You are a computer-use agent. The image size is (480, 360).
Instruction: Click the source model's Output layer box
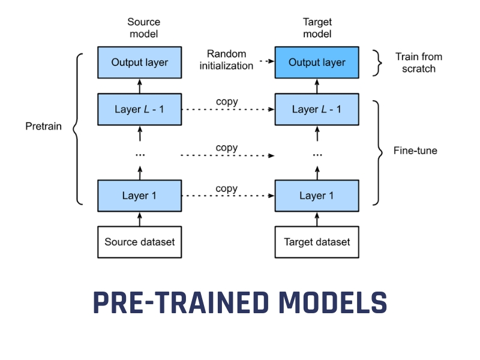(140, 62)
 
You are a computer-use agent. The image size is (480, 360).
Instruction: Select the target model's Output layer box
(317, 62)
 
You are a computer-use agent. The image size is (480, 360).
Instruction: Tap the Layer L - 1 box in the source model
(140, 109)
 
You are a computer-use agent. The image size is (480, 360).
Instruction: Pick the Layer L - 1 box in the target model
(317, 109)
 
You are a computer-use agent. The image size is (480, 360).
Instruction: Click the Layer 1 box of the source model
(140, 196)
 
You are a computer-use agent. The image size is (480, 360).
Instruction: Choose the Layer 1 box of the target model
(317, 196)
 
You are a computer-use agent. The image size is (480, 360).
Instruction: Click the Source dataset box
(140, 242)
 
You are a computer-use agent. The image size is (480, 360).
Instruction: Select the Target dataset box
(317, 242)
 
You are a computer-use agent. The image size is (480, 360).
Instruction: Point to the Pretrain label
(43, 127)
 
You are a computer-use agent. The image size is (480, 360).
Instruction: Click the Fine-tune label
(415, 151)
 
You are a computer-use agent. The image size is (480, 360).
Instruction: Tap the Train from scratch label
(418, 62)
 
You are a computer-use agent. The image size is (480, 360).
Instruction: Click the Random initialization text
(227, 60)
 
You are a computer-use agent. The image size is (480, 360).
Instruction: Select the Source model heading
(143, 28)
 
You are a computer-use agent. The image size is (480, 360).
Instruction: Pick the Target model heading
(317, 28)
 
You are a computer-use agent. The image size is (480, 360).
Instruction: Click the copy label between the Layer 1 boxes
(226, 188)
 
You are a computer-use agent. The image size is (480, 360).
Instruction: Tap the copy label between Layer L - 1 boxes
(226, 102)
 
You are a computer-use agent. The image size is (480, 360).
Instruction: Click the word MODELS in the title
(326, 303)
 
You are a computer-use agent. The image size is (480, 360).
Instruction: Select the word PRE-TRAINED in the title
(175, 303)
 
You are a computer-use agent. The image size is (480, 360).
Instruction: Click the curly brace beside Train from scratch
(377, 62)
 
